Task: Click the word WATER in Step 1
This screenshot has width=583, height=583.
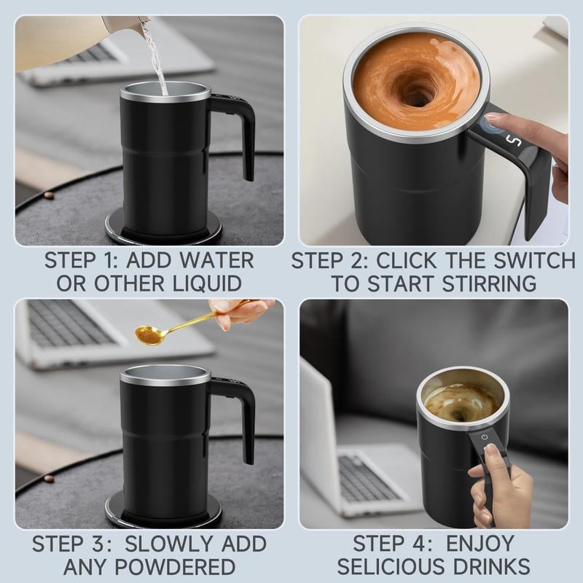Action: [216, 260]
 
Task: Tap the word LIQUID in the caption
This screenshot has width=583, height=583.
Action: [208, 283]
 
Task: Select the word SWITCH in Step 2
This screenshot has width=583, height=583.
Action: [534, 260]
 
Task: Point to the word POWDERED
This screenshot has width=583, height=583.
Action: [175, 567]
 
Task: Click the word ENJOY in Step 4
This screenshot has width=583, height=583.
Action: [480, 543]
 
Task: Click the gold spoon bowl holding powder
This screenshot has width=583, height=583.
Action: [148, 334]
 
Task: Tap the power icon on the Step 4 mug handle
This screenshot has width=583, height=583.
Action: [485, 437]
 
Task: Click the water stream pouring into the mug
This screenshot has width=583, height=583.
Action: [155, 56]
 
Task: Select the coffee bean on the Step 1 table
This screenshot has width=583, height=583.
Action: [47, 195]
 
